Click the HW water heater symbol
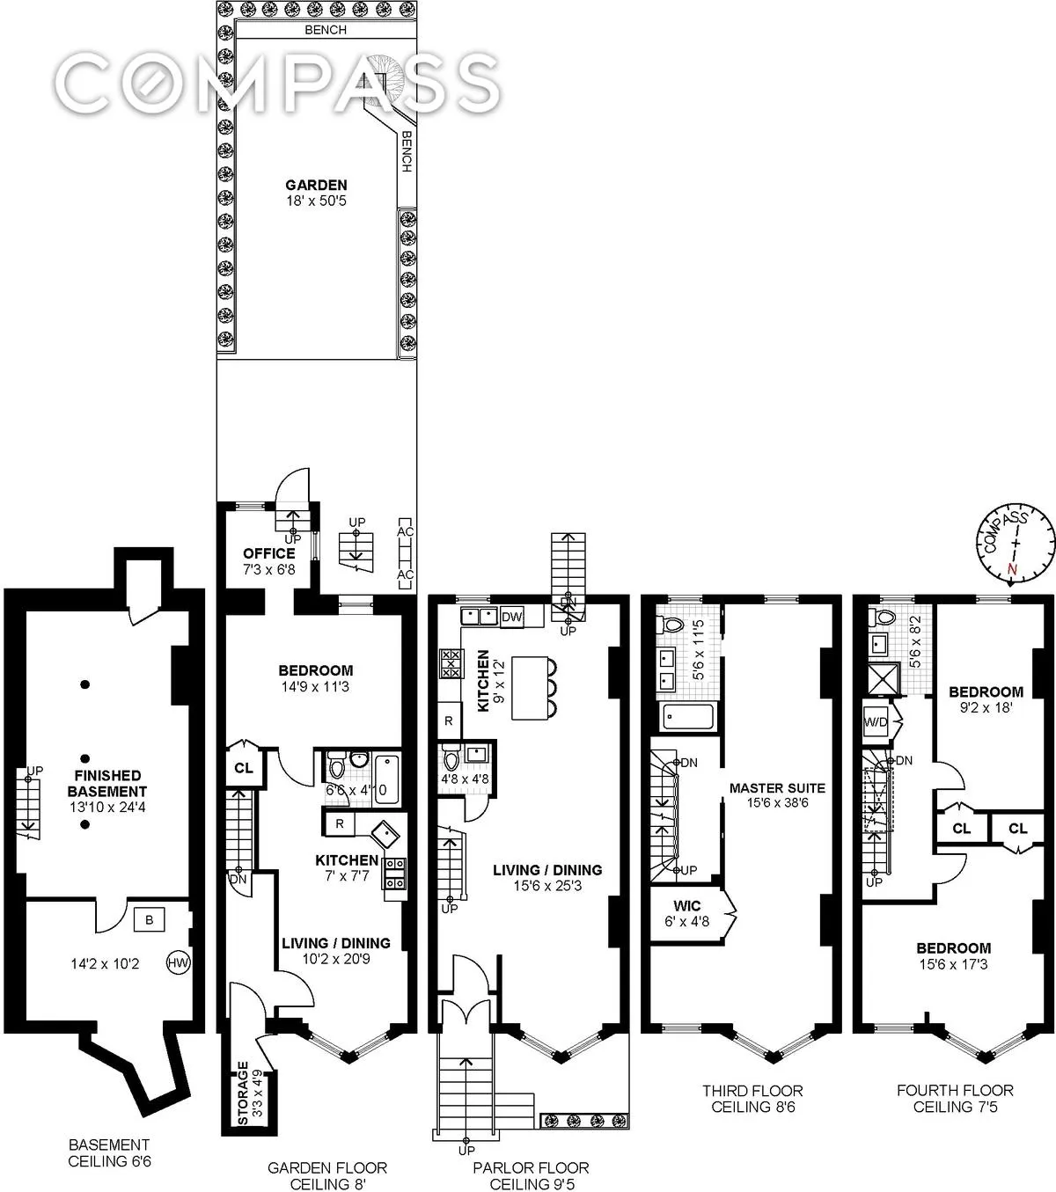click(179, 962)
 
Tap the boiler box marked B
click(149, 920)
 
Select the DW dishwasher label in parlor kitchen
click(511, 618)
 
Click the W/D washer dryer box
click(876, 722)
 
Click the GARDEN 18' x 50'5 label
click(316, 193)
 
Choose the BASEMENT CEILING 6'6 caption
click(110, 1152)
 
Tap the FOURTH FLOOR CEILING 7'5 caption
click(955, 1098)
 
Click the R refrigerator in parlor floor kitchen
click(449, 720)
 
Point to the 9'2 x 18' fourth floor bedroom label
click(986, 699)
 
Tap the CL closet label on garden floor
click(244, 768)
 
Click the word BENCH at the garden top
click(326, 30)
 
